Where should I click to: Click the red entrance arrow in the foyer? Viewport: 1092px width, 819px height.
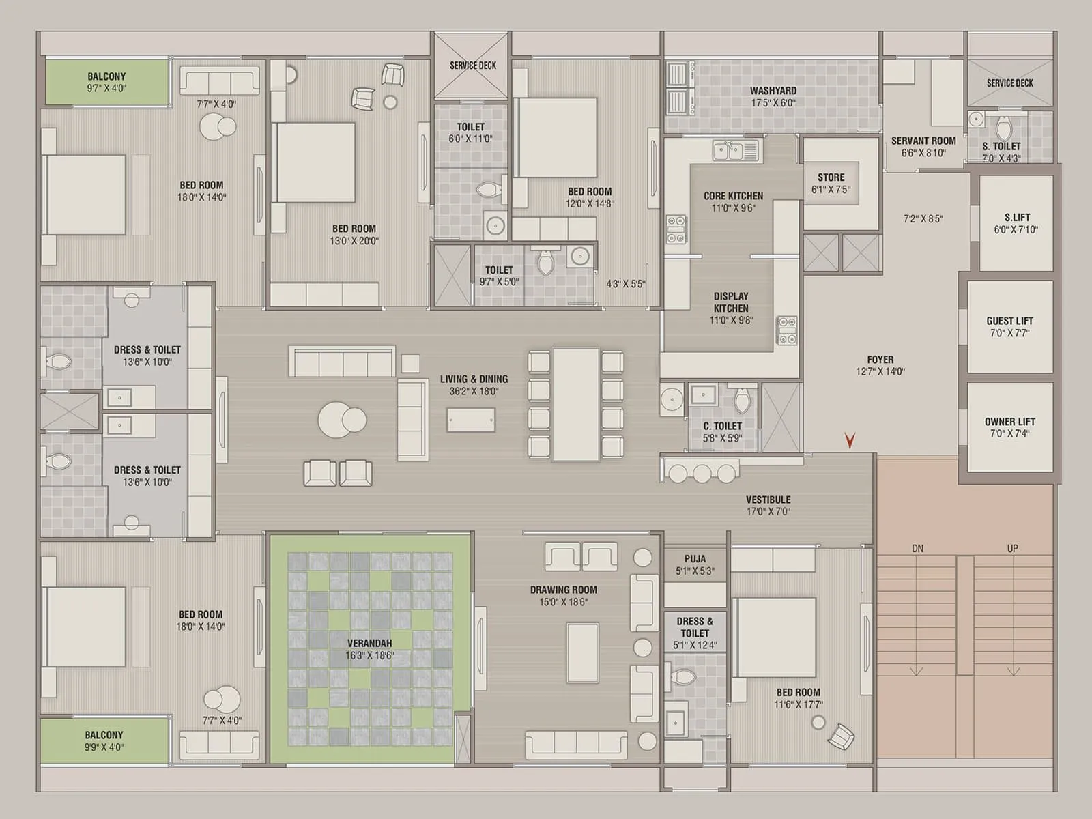[850, 440]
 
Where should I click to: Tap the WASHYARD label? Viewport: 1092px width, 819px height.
[773, 91]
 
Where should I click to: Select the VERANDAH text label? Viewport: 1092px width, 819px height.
[370, 644]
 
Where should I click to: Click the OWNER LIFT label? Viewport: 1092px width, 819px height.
[1010, 422]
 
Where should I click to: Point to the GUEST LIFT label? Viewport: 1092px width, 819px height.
[1010, 321]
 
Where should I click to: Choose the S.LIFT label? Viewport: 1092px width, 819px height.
[1018, 217]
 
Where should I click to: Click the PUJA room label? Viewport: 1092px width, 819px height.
[695, 559]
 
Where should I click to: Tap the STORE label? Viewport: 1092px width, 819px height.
[831, 177]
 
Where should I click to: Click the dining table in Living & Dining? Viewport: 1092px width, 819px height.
[575, 404]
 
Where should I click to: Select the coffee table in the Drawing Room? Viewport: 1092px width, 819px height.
[583, 653]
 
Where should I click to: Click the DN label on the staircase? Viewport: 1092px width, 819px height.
[917, 549]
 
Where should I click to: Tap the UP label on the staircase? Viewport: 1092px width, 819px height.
[1012, 549]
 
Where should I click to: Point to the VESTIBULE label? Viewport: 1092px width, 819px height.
[768, 500]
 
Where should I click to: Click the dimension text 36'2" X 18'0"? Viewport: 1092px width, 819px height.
[474, 391]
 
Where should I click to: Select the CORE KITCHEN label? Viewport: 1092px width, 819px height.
[733, 196]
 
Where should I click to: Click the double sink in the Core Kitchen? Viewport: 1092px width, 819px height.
[736, 151]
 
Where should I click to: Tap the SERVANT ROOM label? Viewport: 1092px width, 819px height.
[923, 141]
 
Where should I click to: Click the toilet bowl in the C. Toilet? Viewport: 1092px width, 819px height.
[742, 401]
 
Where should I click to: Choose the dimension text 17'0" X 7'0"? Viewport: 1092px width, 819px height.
[768, 512]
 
